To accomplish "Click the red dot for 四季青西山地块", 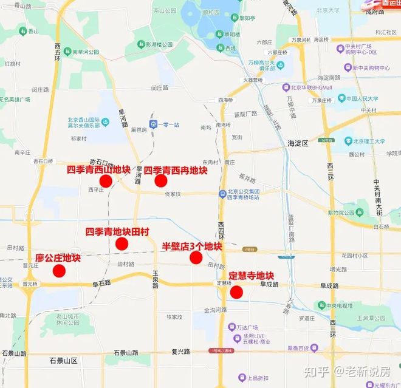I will [105, 181].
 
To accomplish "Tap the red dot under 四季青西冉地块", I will [161, 181].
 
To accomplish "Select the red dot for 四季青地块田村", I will [122, 244].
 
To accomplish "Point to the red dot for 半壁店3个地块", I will [196, 257].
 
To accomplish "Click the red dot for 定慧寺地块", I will [236, 292].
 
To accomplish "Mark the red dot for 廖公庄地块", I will [59, 271].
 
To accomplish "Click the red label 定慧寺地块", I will [251, 275].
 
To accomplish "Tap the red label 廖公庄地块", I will [58, 258].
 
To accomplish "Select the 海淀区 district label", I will [298, 143].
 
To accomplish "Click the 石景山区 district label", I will [63, 361].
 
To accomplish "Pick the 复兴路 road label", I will [180, 351].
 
